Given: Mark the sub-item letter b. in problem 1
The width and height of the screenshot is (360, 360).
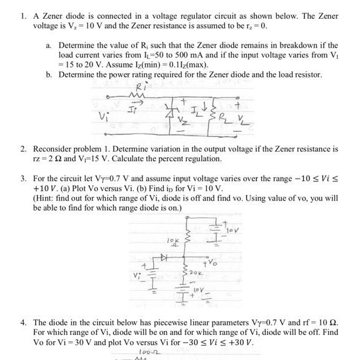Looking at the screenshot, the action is point(49,74).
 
